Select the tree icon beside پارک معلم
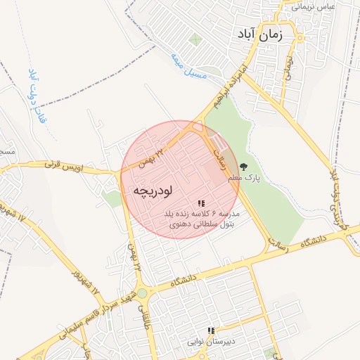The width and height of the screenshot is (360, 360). click(x=244, y=167)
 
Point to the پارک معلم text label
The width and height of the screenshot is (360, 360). click(x=244, y=179)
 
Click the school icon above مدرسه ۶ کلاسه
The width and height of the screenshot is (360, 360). click(x=201, y=203)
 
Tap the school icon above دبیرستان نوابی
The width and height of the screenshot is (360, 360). click(x=210, y=330)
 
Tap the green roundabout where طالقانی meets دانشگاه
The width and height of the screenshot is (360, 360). click(x=142, y=292)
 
